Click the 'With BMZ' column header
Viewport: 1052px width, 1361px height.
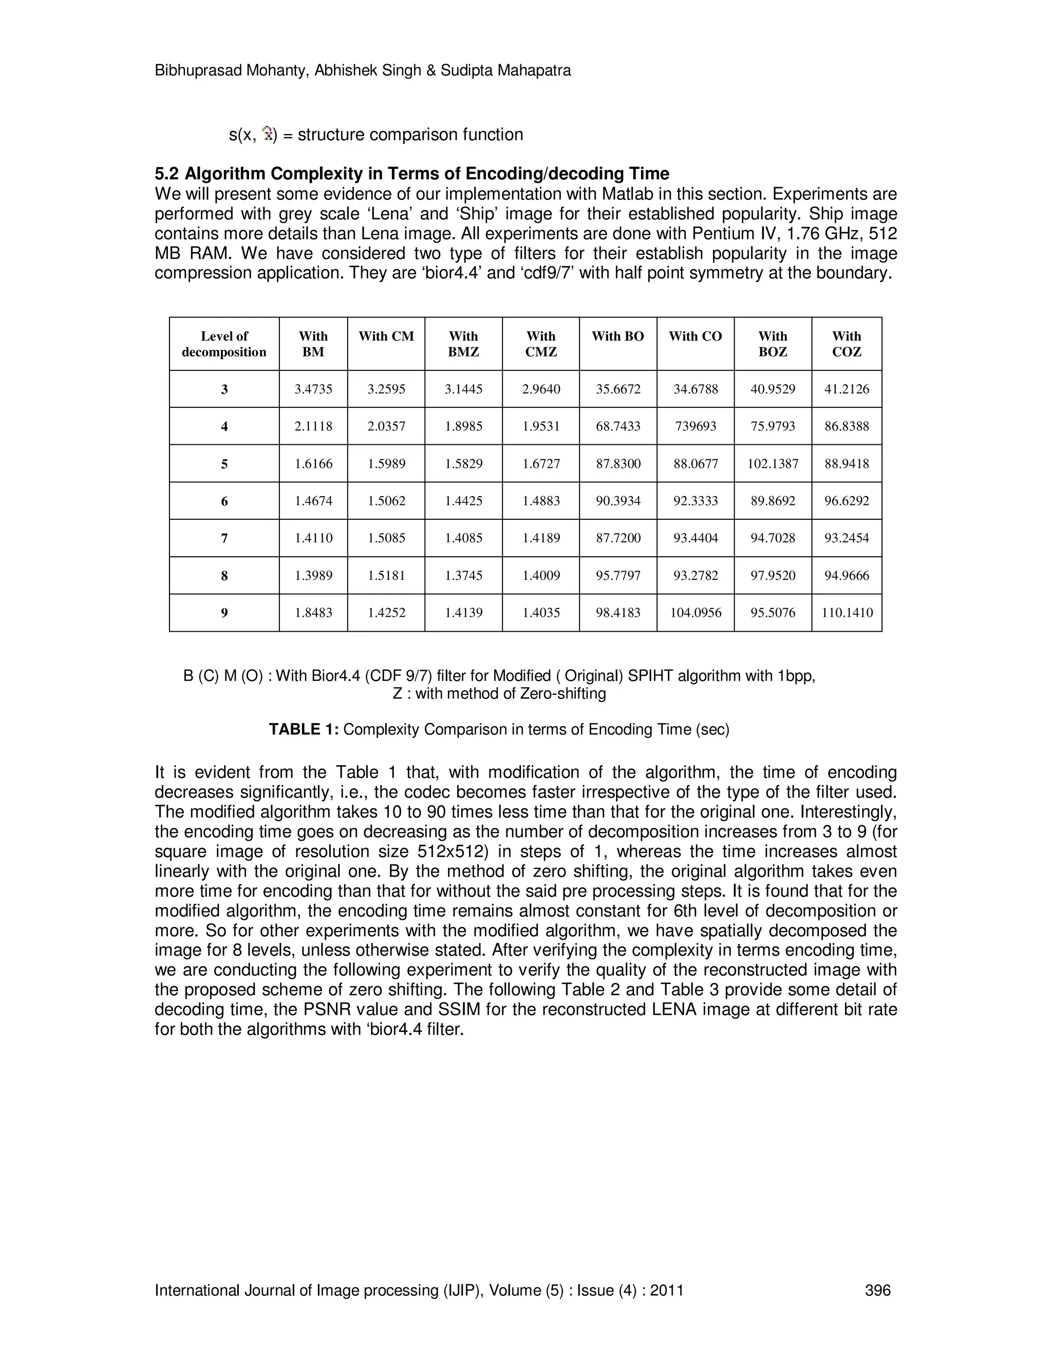coord(463,344)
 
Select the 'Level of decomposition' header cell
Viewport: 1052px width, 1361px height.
coord(224,344)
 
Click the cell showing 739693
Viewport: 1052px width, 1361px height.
coord(696,426)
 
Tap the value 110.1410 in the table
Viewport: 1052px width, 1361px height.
coord(847,613)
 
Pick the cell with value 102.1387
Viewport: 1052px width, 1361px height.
coord(773,464)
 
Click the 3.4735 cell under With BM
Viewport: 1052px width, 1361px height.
coord(313,389)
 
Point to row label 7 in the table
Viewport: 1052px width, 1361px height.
coord(224,538)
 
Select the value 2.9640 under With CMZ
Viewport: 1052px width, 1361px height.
coord(540,389)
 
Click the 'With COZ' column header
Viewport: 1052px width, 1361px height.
coord(847,344)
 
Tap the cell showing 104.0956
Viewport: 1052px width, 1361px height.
coord(696,613)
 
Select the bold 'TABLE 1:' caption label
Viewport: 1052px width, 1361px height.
coord(304,729)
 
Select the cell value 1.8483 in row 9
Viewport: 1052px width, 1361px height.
coord(313,613)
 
